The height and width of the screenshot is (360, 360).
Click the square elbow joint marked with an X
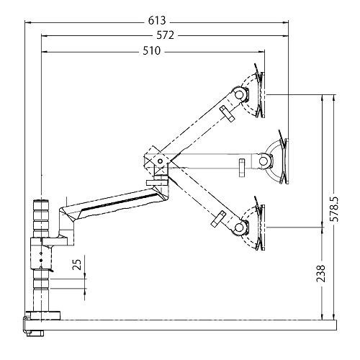(155, 158)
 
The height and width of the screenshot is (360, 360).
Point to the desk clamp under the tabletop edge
(34, 328)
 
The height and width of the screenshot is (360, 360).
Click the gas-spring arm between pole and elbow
(115, 202)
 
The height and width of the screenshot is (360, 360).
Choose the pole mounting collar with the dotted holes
(42, 256)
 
